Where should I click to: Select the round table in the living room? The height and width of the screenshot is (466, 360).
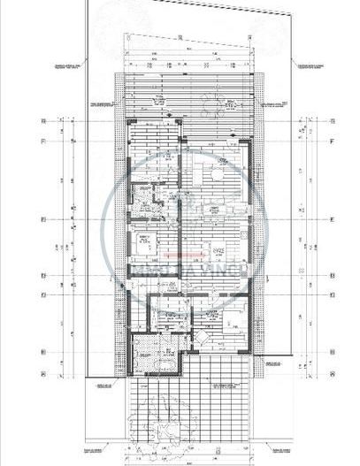point(215,176)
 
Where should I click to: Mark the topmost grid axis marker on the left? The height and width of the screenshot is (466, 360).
point(41,120)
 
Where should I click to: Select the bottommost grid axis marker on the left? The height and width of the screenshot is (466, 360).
point(41,352)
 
